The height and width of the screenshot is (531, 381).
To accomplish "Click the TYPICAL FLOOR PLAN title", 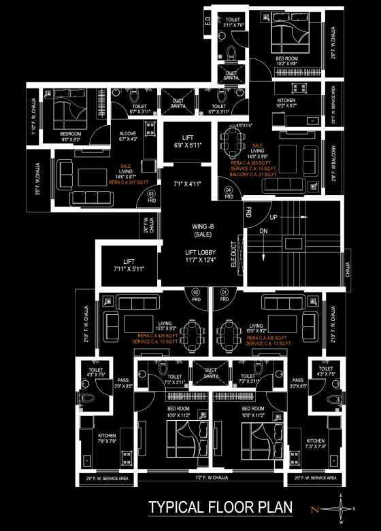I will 220,507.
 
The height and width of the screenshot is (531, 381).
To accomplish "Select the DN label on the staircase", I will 263,231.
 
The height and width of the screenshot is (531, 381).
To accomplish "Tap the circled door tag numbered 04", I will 229,190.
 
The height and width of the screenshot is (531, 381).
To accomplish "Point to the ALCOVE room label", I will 127,135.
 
